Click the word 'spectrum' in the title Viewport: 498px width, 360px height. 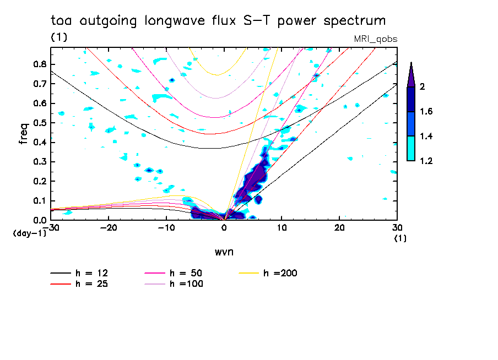pyautogui.click(x=354, y=21)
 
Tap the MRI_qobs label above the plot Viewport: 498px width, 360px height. pyautogui.click(x=375, y=39)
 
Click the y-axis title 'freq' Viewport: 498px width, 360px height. pyautogui.click(x=23, y=133)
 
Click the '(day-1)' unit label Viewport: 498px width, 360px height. pyautogui.click(x=25, y=233)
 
